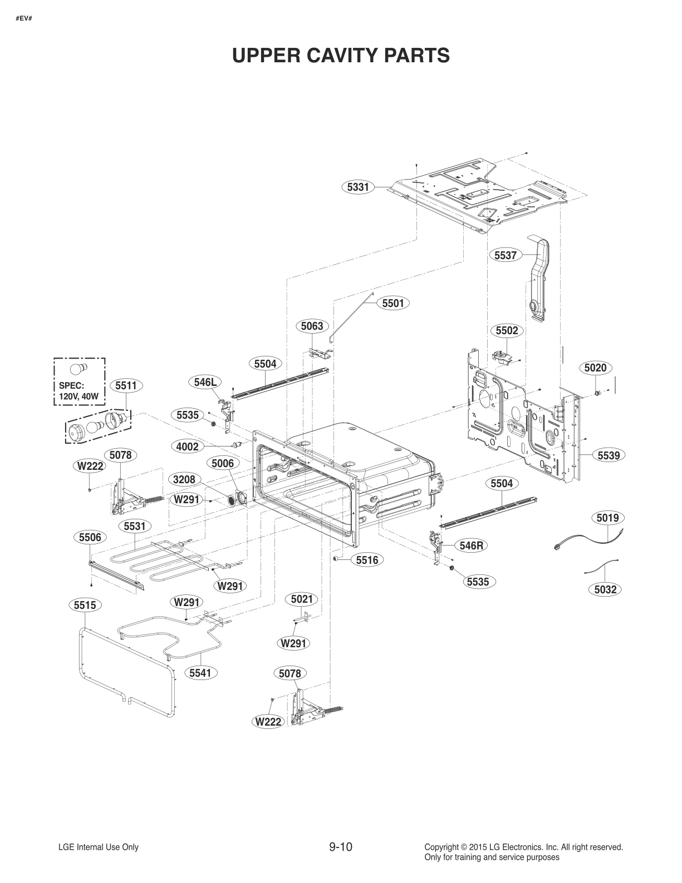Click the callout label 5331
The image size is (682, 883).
(x=358, y=187)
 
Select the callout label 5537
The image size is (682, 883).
(x=506, y=255)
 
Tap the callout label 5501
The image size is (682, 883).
(x=393, y=303)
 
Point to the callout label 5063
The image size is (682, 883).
(x=312, y=326)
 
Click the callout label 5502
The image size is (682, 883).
(x=507, y=330)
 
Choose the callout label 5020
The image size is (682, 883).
(x=595, y=368)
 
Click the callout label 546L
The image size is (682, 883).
(x=205, y=382)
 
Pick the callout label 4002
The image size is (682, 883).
(x=187, y=447)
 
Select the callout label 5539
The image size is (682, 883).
(x=609, y=455)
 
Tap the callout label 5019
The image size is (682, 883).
(x=607, y=518)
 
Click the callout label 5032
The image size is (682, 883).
(x=605, y=589)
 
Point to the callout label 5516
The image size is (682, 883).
(x=367, y=560)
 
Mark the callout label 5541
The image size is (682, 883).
(x=200, y=673)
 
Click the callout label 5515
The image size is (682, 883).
(x=85, y=604)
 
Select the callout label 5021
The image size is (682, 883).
(x=302, y=599)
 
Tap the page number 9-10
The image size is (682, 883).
(x=341, y=847)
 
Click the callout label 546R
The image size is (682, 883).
(x=471, y=545)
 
